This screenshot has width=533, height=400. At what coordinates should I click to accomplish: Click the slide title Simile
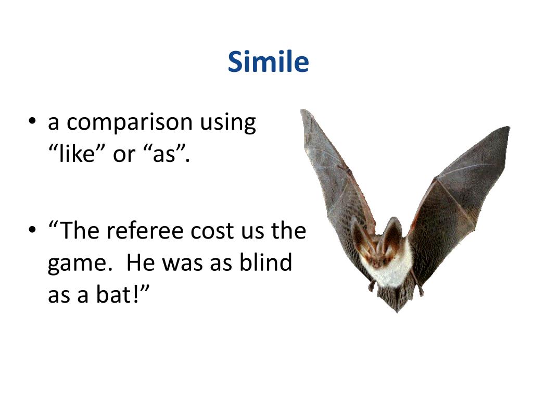(268, 62)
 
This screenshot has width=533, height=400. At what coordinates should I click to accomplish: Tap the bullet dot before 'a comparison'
(32, 122)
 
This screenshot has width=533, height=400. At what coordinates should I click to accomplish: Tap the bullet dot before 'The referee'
(32, 231)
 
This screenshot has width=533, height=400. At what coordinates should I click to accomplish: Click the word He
(140, 262)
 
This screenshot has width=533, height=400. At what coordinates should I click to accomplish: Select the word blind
(265, 262)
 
